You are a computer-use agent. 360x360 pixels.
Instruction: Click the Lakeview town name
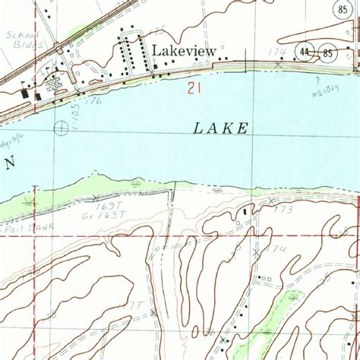click(184, 51)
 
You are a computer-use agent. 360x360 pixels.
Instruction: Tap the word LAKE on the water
click(220, 128)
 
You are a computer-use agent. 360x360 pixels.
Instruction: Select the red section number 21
click(194, 88)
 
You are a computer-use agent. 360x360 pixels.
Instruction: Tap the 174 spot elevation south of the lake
click(279, 248)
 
